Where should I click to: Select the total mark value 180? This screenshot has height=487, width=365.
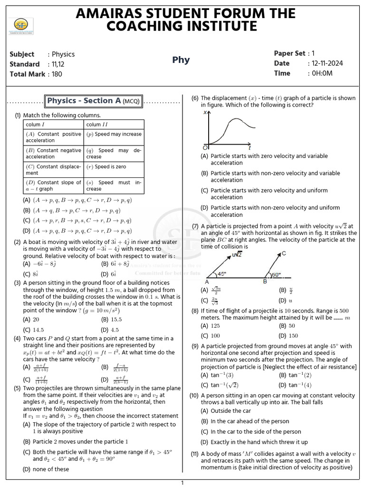(57, 74)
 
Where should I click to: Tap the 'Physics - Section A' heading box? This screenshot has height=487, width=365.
(94, 101)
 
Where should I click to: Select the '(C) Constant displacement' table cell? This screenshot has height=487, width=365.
(53, 170)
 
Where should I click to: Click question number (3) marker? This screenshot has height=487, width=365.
(17, 282)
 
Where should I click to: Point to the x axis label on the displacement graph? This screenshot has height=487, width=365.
(205, 113)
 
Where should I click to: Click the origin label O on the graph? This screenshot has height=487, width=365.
(205, 146)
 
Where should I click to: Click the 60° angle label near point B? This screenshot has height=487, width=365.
(276, 274)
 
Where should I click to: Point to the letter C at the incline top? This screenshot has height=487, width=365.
(284, 253)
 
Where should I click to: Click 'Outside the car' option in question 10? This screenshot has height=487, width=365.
(231, 411)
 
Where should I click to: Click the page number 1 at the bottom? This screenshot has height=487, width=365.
(182, 483)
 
